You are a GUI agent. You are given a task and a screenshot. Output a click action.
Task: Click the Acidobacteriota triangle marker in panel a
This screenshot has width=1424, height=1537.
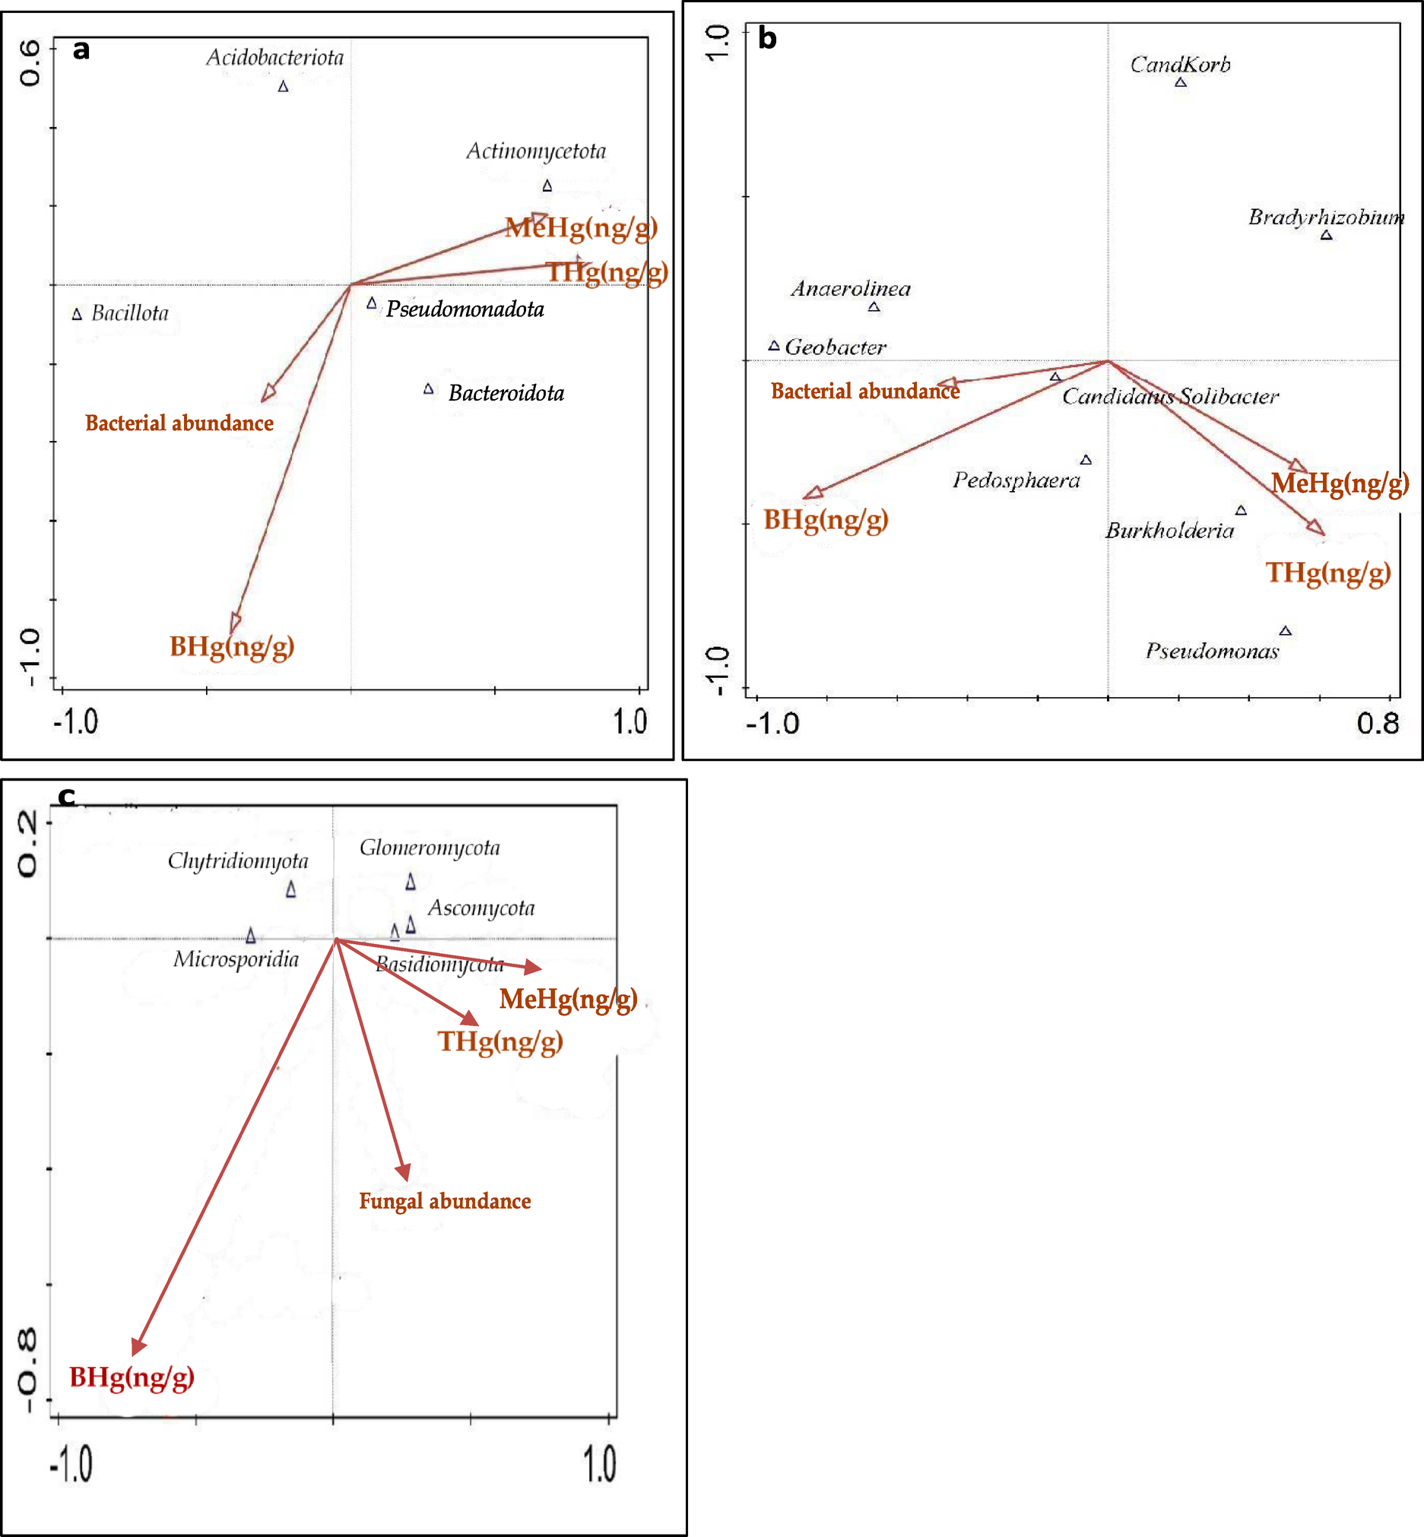[x=283, y=87]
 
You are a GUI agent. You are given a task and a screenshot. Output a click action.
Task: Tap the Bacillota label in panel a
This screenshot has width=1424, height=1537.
[x=129, y=312]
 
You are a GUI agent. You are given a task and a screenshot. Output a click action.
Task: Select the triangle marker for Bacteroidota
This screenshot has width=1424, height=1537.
[x=429, y=389]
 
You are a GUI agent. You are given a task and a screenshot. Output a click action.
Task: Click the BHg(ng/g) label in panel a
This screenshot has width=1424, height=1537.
[x=232, y=645]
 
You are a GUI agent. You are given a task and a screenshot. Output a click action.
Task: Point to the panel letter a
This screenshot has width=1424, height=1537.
[x=81, y=49]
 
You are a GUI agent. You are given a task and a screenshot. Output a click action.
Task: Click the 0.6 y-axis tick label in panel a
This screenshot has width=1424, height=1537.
[x=30, y=63]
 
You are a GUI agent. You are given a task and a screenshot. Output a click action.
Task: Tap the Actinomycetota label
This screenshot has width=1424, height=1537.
[x=535, y=151]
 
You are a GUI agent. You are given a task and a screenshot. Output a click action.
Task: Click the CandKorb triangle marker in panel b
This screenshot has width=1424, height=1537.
[x=1181, y=81]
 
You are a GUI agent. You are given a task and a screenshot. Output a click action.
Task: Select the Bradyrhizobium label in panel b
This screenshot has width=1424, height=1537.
[x=1325, y=217]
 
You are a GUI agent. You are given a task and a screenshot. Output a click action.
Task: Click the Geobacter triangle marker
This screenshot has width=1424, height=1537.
[x=774, y=346]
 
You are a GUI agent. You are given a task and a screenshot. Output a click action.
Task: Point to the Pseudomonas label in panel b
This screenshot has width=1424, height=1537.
[x=1211, y=651]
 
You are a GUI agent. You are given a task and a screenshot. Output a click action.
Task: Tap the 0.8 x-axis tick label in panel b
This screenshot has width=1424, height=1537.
[x=1378, y=724]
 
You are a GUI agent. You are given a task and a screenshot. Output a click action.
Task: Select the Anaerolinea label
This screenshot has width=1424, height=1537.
[x=851, y=289]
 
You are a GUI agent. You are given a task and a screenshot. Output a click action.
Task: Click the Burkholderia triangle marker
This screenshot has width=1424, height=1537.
[x=1241, y=511]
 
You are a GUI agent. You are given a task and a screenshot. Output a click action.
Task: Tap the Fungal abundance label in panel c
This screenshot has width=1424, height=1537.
[x=445, y=1201]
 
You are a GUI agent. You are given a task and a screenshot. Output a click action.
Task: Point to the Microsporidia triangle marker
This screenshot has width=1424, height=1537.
[x=250, y=936]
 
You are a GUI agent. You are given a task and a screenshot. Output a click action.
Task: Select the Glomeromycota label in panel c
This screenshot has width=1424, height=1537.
[x=430, y=848]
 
